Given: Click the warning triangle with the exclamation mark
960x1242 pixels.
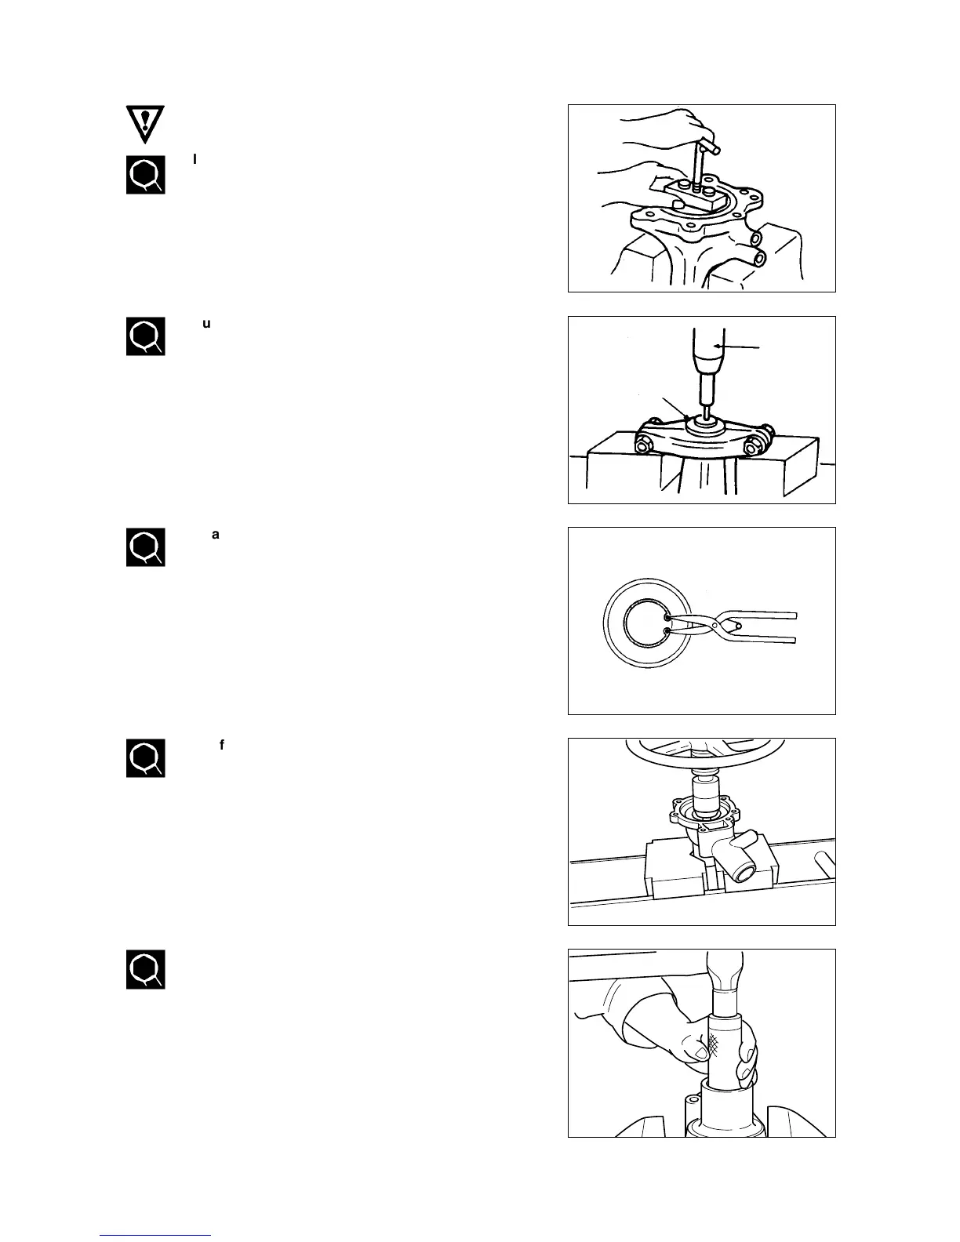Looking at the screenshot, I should tap(146, 122).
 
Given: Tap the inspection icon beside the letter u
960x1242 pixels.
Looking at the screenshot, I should tap(146, 336).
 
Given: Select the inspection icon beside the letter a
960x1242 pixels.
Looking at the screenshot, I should tap(146, 547).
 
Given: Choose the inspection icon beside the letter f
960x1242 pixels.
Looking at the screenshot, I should tap(146, 758).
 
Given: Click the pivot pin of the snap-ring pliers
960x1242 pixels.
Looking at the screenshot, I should tap(733, 626).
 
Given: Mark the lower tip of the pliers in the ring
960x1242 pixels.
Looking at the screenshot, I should tap(667, 630).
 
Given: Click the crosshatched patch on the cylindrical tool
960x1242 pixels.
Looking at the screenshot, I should tap(715, 1042).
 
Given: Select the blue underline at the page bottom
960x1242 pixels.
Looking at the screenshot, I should tap(155, 1235).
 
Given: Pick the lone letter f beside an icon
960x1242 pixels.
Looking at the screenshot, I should tap(222, 745).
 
